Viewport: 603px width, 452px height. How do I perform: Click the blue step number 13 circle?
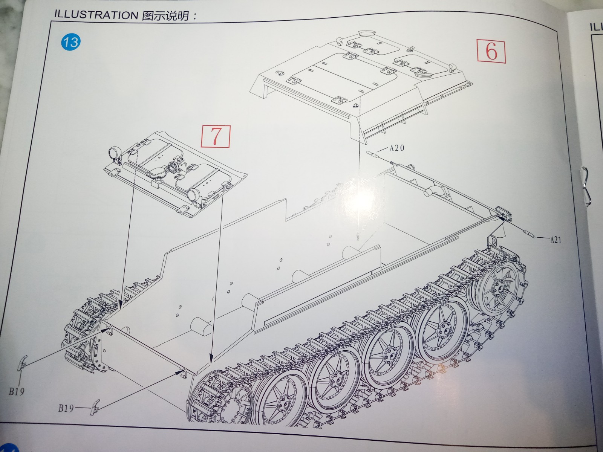(x=71, y=42)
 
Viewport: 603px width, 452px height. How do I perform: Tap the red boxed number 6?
(x=491, y=52)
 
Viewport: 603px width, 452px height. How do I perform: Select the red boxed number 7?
(x=215, y=136)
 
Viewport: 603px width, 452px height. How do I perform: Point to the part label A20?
(x=397, y=148)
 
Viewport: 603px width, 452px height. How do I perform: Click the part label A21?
(x=556, y=240)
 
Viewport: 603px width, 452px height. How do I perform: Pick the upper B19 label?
(x=17, y=391)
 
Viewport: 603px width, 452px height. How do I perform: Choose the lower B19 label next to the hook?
(x=66, y=409)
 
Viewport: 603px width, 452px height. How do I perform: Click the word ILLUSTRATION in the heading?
(x=96, y=15)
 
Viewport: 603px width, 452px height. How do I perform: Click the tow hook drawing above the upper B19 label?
(x=23, y=362)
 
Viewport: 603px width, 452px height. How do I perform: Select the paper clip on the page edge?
(x=585, y=186)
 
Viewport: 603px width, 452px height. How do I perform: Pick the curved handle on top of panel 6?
(x=367, y=33)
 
